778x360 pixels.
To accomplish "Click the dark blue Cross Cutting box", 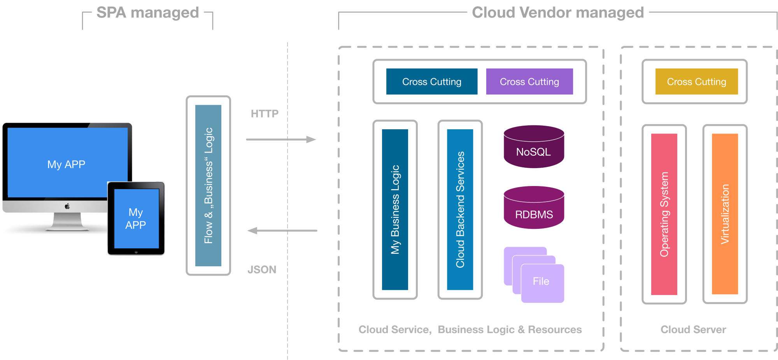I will (431, 82).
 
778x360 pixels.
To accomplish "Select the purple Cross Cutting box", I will (529, 82).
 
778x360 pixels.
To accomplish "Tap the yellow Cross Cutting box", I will (696, 82).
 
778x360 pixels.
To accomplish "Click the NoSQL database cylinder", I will (534, 148).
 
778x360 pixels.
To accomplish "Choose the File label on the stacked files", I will (541, 281).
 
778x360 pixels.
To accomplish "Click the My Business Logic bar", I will (395, 209).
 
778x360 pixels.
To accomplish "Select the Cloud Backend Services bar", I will (460, 209).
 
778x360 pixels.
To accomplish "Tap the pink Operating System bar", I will (664, 214).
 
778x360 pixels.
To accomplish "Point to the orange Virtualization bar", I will (725, 214).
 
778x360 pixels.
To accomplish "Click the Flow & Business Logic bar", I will (208, 185).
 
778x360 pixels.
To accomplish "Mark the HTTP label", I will (265, 114).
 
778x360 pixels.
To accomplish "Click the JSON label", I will (262, 270).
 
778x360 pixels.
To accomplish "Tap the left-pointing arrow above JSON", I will (282, 230).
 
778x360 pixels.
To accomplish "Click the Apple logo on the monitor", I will (67, 206).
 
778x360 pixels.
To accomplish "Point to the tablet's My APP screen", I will (136, 219).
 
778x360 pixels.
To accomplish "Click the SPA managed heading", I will (147, 13).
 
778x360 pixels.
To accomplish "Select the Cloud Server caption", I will (693, 330).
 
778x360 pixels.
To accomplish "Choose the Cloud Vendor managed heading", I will (558, 13).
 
